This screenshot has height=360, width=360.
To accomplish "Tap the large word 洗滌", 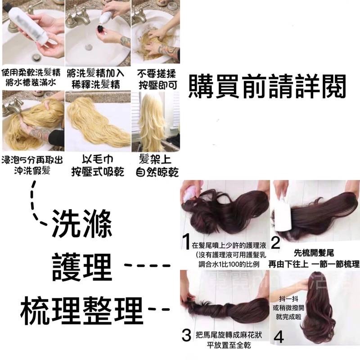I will coord(81,224).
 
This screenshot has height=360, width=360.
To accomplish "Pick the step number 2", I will coord(276,243).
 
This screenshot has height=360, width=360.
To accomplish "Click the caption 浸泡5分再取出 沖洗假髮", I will coord(32,166).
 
